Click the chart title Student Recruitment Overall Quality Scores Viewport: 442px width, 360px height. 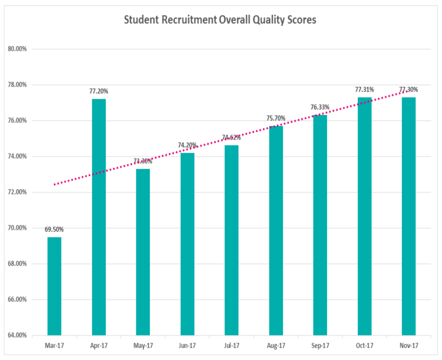(220, 20)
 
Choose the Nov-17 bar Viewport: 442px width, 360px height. (408, 216)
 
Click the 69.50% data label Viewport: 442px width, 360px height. (54, 229)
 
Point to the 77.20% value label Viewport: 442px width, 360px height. (99, 91)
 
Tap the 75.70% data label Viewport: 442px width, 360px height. (275, 118)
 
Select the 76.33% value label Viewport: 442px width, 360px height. (320, 107)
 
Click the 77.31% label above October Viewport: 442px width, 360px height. (364, 90)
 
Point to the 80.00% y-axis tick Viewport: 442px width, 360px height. (18, 49)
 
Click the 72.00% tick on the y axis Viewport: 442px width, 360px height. (18, 192)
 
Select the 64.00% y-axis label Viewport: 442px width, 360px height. (18, 335)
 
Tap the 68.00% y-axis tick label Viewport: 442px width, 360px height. (18, 264)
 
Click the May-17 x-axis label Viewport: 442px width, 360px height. (143, 345)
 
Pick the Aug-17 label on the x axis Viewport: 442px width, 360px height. (275, 345)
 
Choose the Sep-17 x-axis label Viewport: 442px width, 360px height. (320, 345)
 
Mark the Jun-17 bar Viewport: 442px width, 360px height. (187, 244)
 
